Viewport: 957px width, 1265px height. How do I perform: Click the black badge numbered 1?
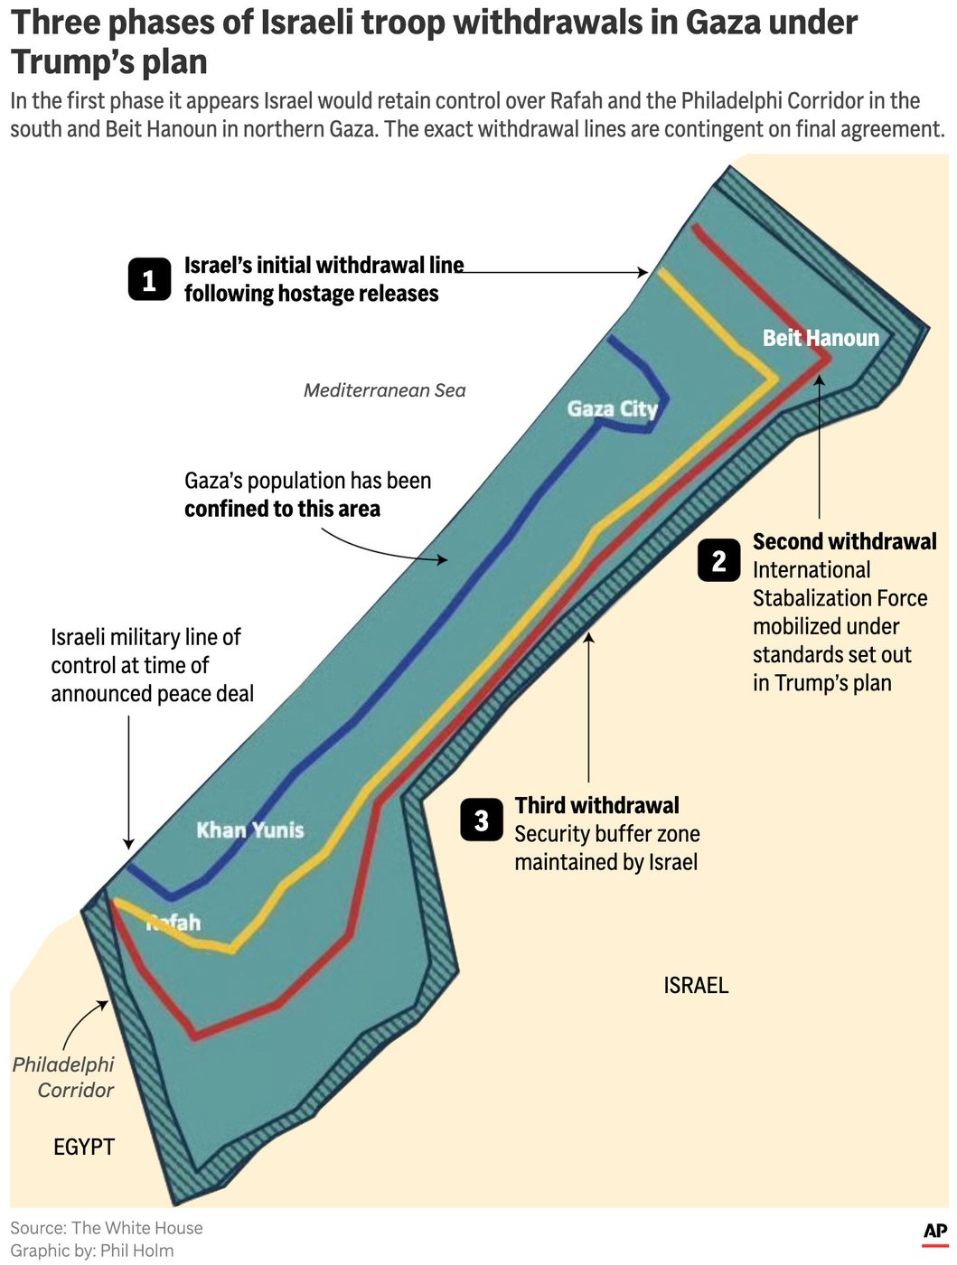coord(149,279)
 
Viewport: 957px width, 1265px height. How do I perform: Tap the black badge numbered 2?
coord(718,560)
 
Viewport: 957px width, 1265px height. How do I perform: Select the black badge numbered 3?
coord(481,820)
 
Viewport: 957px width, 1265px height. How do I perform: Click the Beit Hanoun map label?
coord(821,338)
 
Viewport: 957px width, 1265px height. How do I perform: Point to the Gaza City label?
coord(612,408)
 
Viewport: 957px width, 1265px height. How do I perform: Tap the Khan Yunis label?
coord(250,829)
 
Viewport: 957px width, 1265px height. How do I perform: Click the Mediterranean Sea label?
coord(384,390)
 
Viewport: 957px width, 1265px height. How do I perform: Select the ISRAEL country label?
coord(696,985)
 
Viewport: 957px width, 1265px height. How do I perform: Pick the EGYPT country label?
coord(84,1147)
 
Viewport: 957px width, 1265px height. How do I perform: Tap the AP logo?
coord(935,1232)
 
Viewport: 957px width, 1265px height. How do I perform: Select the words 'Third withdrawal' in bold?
coord(596,805)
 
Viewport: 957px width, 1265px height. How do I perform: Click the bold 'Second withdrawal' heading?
coord(844,541)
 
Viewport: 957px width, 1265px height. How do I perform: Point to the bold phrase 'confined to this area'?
coord(282,509)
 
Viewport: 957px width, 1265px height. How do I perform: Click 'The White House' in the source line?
coord(136,1228)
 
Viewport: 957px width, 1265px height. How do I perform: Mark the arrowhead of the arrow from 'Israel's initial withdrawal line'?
coord(643,272)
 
